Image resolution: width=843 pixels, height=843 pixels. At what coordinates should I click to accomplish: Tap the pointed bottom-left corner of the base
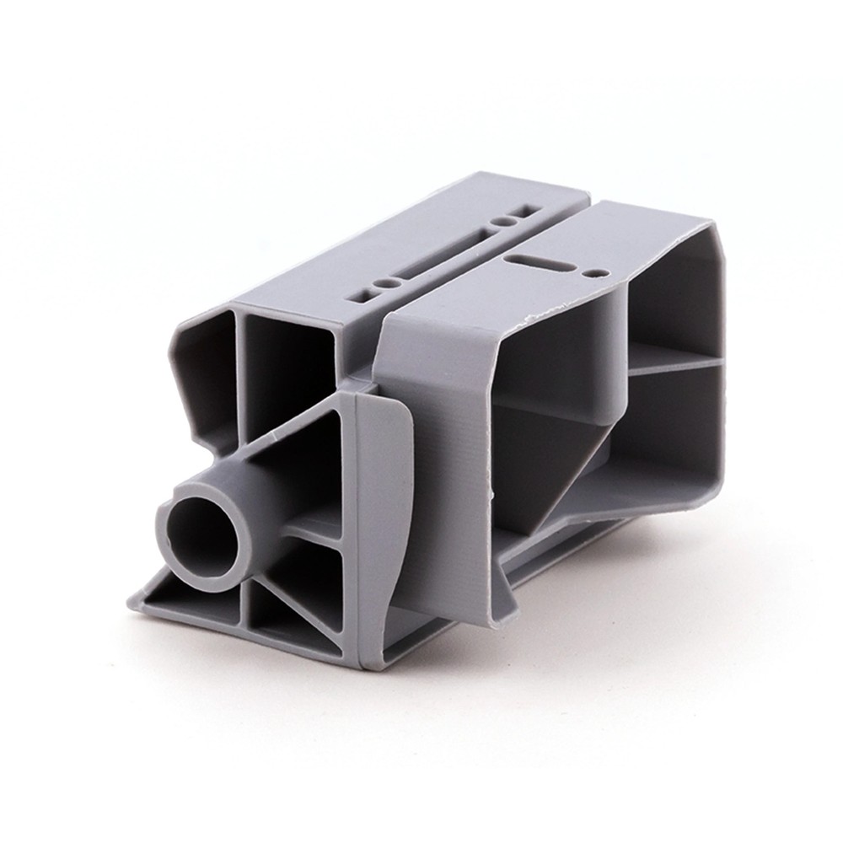pyautogui.click(x=132, y=600)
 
